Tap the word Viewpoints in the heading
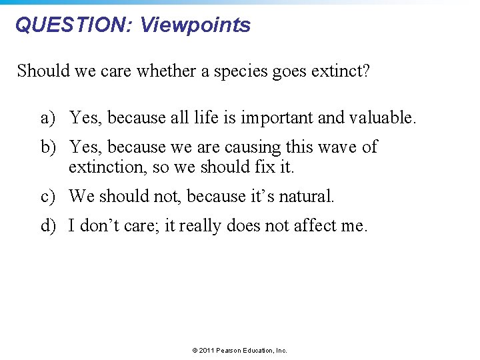[195, 25]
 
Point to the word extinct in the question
[340, 71]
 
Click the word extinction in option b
[107, 167]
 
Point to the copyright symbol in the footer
[195, 350]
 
